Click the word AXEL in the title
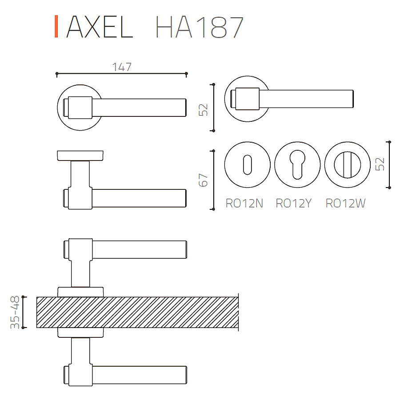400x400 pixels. [x=100, y=27]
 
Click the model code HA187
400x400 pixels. [x=199, y=27]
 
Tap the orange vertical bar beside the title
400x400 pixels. [x=56, y=27]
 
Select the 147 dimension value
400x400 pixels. [x=122, y=67]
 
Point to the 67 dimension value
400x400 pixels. [x=203, y=180]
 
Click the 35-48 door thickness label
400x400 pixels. [x=15, y=312]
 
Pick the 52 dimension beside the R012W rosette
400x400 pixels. [x=380, y=164]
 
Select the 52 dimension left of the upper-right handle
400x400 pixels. [x=203, y=110]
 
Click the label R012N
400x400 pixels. [x=244, y=203]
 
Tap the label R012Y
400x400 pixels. [x=294, y=203]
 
